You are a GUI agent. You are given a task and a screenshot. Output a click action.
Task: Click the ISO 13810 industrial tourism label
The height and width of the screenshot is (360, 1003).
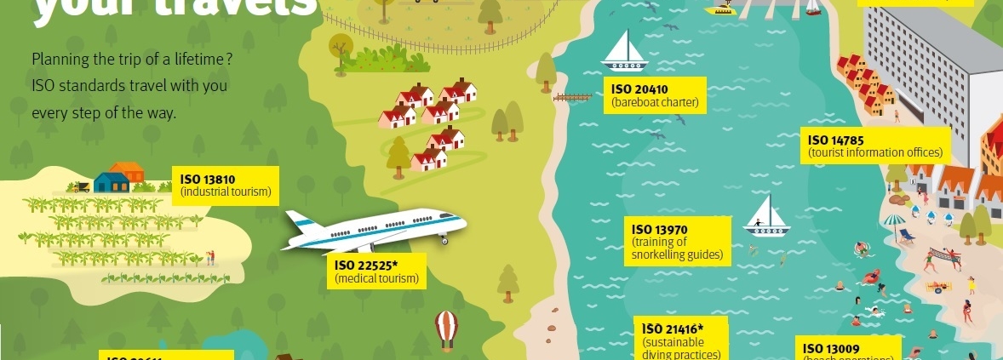click(226, 186)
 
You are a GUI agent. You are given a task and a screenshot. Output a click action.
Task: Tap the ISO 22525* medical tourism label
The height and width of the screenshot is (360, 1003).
click(376, 271)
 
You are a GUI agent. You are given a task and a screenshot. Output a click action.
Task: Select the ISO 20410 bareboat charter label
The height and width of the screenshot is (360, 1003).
click(656, 96)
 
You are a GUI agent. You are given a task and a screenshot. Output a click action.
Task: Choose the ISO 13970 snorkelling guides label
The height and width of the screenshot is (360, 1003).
click(679, 241)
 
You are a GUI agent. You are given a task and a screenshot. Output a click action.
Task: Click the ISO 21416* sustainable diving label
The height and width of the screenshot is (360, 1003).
click(683, 340)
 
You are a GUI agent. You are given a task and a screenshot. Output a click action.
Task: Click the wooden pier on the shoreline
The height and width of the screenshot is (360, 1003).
click(572, 98)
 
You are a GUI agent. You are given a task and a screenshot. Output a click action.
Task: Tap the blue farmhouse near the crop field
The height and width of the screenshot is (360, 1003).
click(111, 181)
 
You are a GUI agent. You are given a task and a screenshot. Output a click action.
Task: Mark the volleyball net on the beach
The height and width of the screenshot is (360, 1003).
click(943, 254)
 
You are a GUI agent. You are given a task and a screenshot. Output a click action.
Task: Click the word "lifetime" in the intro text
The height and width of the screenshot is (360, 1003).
click(198, 60)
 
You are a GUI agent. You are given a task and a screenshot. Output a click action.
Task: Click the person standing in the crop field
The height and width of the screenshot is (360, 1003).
click(210, 255)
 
